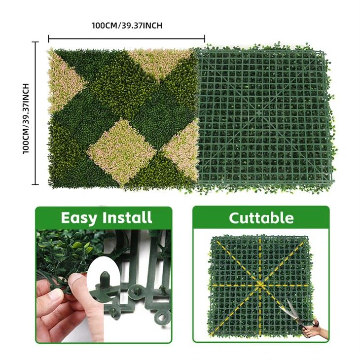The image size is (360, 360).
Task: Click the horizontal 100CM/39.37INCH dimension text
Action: (x=127, y=25)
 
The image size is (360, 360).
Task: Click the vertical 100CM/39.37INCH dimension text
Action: (x=26, y=118)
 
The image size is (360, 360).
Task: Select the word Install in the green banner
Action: (x=127, y=217)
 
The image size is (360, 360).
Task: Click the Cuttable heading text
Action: (x=261, y=218)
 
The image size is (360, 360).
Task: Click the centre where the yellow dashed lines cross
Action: (x=260, y=285)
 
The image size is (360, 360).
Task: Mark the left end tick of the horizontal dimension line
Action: (x=48, y=38)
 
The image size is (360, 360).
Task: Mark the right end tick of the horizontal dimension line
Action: (x=205, y=38)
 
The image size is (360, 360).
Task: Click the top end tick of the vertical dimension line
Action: (x=35, y=42)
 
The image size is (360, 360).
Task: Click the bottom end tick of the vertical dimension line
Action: (x=35, y=184)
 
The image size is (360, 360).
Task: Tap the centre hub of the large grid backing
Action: (x=259, y=113)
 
